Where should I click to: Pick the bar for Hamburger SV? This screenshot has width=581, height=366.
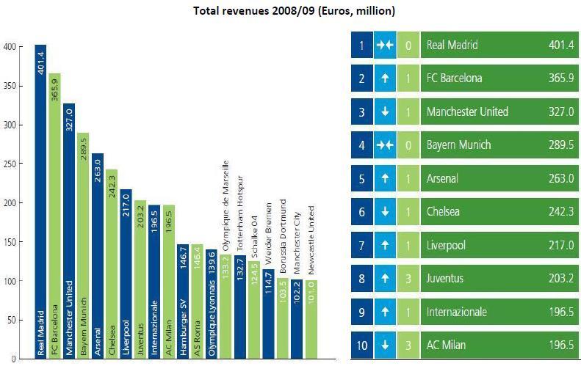click(x=183, y=301)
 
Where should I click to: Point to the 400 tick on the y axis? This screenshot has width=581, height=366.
click(x=10, y=46)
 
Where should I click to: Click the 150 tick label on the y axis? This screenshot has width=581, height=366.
click(x=10, y=242)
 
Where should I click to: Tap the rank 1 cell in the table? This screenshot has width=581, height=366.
click(x=361, y=45)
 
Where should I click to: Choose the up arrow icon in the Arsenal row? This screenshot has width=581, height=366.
click(x=385, y=179)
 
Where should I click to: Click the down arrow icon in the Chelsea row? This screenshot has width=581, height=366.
click(x=385, y=212)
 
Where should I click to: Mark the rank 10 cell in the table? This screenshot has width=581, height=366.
click(x=361, y=345)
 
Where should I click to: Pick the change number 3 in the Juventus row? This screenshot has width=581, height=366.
click(x=408, y=279)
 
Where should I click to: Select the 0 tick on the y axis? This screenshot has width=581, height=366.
click(x=12, y=359)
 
